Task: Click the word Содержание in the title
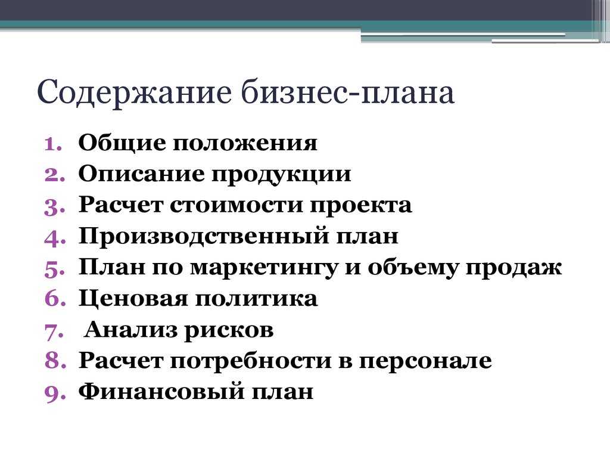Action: [x=134, y=93]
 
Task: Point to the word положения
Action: [x=245, y=144]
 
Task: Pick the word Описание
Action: [x=141, y=174]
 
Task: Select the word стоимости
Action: [x=236, y=206]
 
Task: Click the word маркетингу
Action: [x=264, y=268]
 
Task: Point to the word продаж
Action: [x=513, y=268]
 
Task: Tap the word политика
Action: [x=256, y=299]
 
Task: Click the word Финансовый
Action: [x=161, y=392]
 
